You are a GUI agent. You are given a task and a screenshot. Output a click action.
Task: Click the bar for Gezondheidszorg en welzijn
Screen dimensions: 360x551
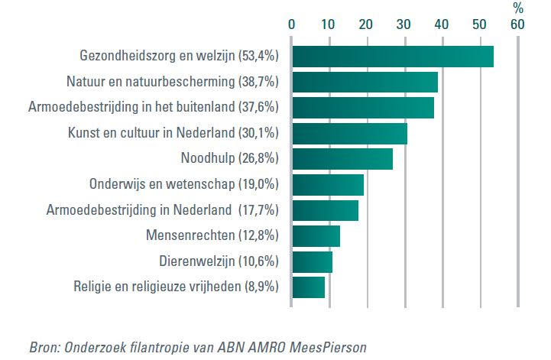click(392, 57)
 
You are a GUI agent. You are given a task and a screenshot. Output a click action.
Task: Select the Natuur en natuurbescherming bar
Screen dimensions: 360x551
click(365, 82)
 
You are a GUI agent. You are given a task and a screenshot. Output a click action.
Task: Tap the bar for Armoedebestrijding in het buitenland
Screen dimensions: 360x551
click(362, 108)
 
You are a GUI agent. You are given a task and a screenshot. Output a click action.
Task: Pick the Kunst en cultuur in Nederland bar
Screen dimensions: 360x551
click(349, 133)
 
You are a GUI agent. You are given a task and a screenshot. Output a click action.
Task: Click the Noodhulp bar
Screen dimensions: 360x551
click(342, 159)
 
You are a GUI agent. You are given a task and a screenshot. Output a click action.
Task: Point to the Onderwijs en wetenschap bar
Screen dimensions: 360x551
click(327, 185)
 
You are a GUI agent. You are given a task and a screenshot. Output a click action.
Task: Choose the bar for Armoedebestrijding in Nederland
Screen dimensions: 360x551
click(325, 210)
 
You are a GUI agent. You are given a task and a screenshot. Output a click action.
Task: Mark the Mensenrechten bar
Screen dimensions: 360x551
click(316, 236)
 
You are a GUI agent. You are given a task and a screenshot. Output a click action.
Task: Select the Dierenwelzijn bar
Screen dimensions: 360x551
click(312, 261)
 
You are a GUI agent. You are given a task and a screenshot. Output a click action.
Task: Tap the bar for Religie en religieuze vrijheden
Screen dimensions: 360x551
click(308, 287)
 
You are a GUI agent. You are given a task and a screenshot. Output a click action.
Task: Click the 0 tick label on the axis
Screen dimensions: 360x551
click(291, 24)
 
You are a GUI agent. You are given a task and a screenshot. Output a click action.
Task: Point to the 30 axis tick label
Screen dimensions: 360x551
click(404, 24)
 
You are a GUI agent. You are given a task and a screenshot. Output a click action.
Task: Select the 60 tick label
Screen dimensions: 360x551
click(517, 24)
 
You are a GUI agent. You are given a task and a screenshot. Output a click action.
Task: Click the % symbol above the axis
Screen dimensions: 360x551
click(517, 8)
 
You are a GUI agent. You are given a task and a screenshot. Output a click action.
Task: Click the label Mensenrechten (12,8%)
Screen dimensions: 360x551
click(212, 236)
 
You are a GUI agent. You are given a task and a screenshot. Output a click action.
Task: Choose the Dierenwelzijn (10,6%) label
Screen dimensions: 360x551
click(219, 261)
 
